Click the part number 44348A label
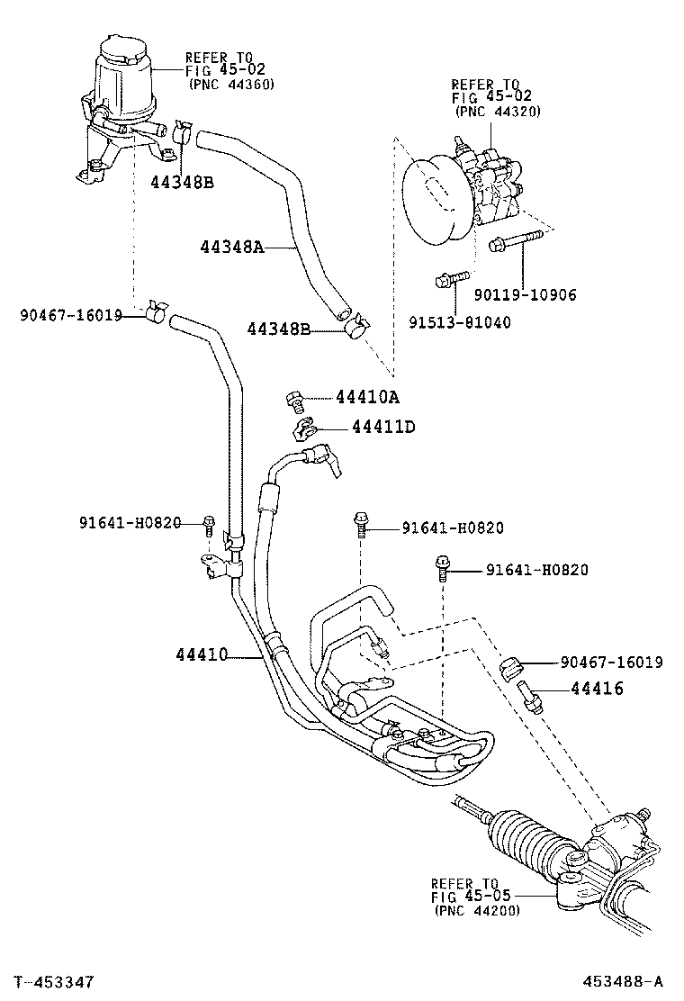pos(231,247)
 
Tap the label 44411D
pos(382,426)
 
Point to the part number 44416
pos(597,690)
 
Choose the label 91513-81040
pos(460,322)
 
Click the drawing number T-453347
pos(53,980)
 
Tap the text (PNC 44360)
pos(230,84)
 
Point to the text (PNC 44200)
pos(476,910)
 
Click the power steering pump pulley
pos(436,202)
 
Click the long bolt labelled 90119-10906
pos(515,241)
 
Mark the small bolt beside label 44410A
pos(292,399)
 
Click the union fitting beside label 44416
pos(529,696)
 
